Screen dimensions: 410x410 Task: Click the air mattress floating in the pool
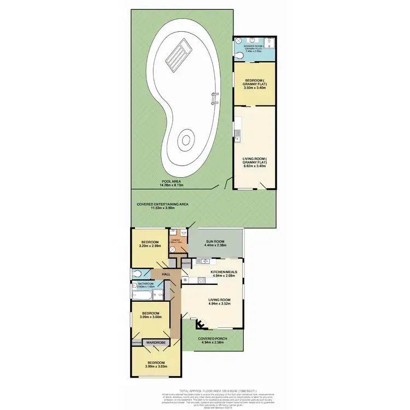point(177,55)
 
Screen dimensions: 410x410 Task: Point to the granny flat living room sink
point(237,132)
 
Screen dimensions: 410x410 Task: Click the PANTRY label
point(185,263)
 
